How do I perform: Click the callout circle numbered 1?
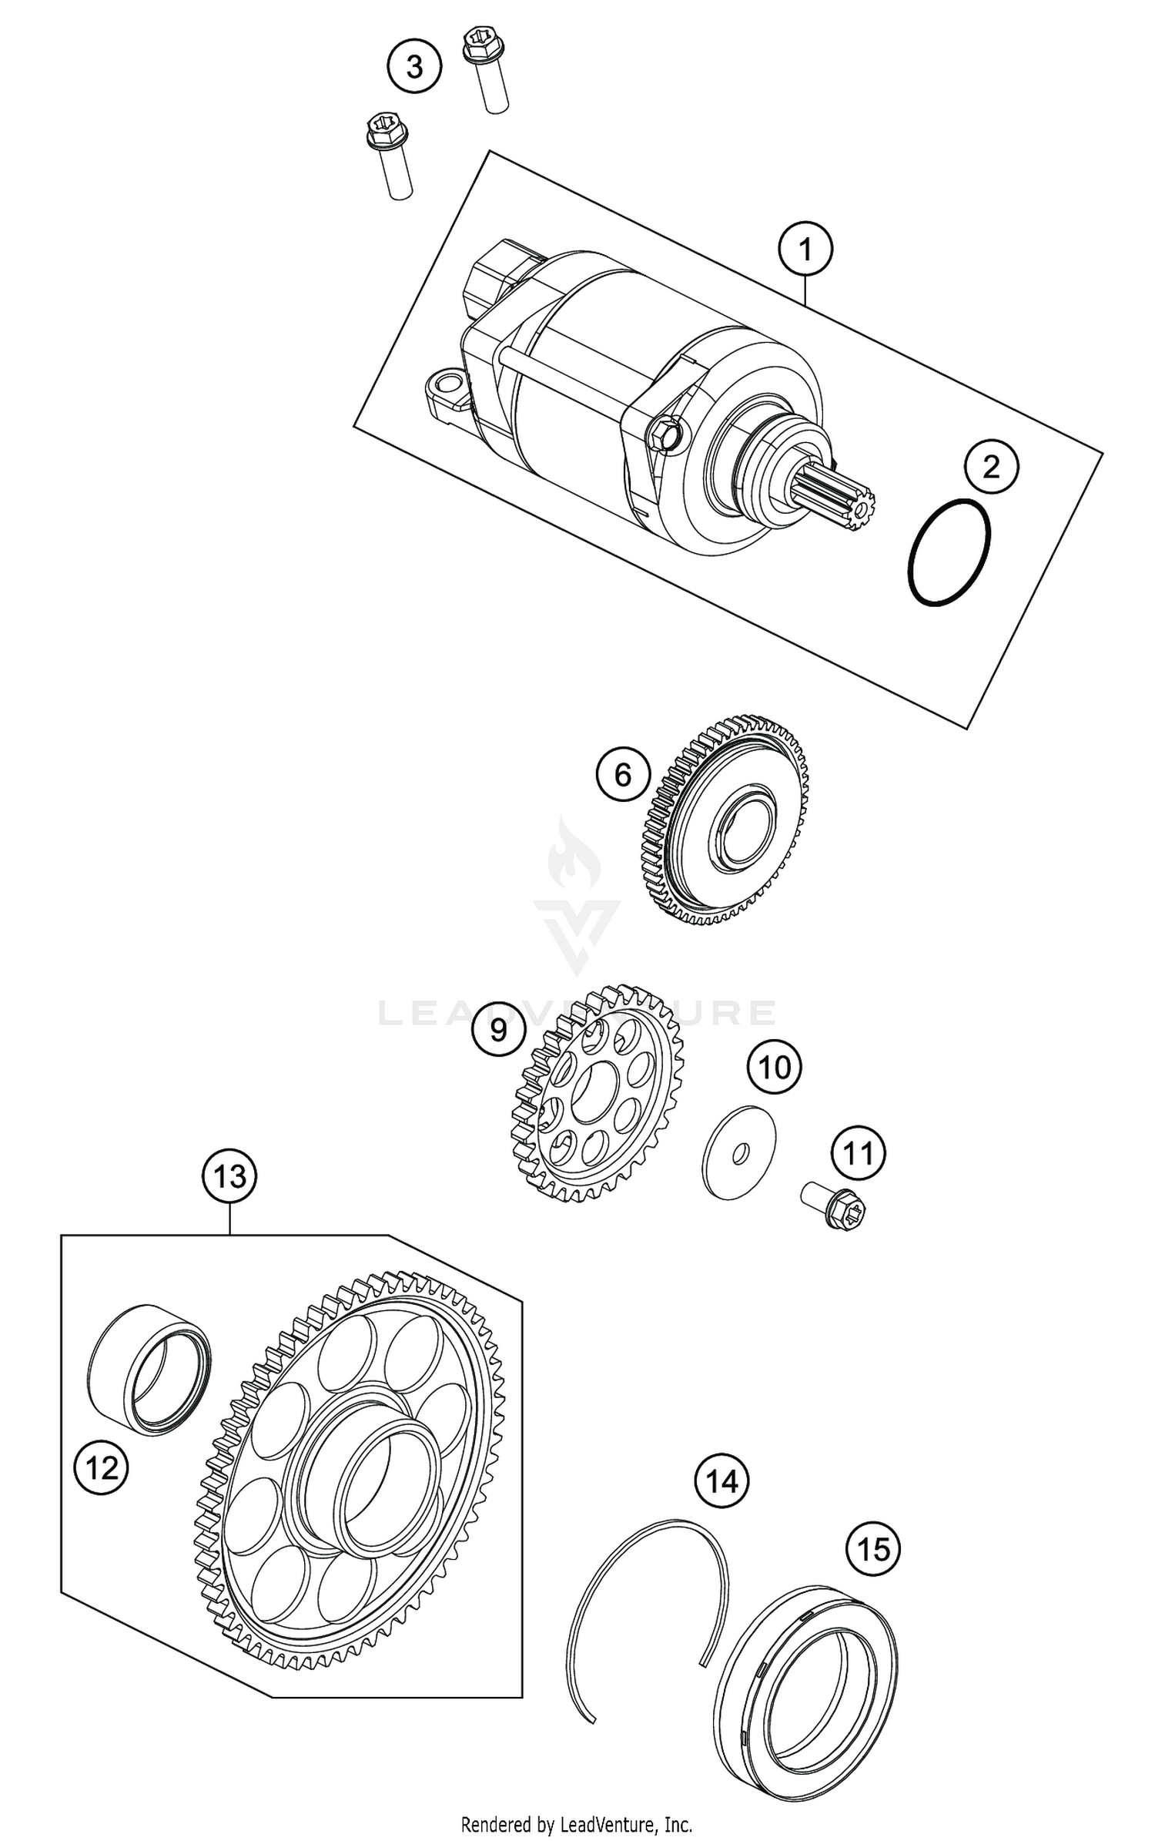tap(805, 250)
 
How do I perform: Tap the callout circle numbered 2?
tap(991, 466)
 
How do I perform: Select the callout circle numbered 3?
tap(414, 66)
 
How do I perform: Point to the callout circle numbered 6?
tap(622, 774)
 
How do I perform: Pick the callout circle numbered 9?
tap(498, 1029)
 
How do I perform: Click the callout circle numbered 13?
tap(229, 1176)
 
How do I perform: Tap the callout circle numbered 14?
tap(721, 1480)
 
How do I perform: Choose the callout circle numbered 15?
tap(873, 1548)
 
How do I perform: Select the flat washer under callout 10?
tap(740, 1152)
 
